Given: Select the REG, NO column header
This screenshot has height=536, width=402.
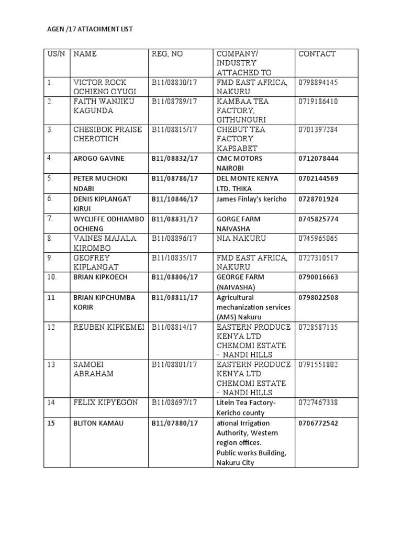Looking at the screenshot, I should pyautogui.click(x=167, y=54).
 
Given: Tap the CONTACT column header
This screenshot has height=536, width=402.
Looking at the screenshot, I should pyautogui.click(x=317, y=54).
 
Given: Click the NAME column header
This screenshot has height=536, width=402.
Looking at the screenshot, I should pyautogui.click(x=85, y=54).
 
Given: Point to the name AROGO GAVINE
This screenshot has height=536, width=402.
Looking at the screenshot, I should pyautogui.click(x=94, y=159).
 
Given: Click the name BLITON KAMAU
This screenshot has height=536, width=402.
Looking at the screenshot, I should pyautogui.click(x=98, y=423).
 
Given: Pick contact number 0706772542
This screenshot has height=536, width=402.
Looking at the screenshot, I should pyautogui.click(x=318, y=423).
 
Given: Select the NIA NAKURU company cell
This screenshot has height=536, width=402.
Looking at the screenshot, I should pyautogui.click(x=241, y=239).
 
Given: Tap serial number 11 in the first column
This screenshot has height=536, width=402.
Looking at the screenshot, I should pyautogui.click(x=51, y=298).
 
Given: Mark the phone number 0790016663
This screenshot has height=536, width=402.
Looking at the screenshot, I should pyautogui.click(x=318, y=277).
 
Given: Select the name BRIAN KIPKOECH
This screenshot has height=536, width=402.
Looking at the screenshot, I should pyautogui.click(x=100, y=277).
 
